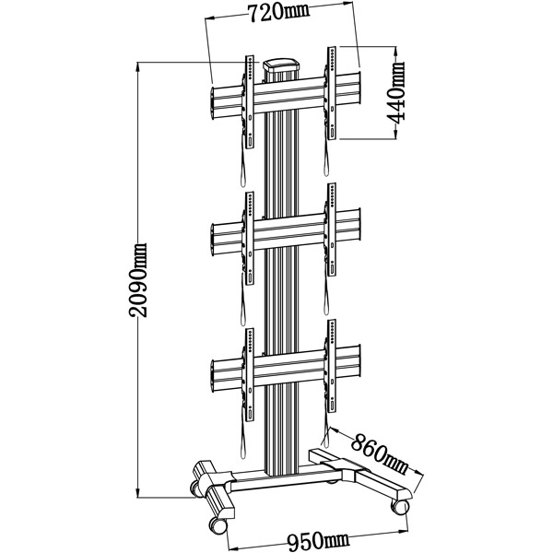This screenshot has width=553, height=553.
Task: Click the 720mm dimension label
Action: coord(279,12)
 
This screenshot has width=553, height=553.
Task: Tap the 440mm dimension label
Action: coord(396,93)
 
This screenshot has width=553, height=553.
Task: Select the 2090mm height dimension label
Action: coord(138,280)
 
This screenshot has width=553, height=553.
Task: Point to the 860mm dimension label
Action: coord(381,454)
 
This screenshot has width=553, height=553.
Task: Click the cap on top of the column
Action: coord(281,65)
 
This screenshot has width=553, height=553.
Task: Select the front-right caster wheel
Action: coord(400,507)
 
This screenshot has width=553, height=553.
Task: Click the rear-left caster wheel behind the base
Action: coord(195,488)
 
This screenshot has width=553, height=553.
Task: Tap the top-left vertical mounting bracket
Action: coord(249,102)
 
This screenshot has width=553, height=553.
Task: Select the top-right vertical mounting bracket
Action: coord(333,93)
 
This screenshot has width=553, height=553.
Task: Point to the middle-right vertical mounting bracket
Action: coord(332,229)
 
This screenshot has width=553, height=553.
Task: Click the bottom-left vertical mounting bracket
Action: coord(249,375)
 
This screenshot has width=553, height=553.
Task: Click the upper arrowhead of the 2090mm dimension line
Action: coord(138,67)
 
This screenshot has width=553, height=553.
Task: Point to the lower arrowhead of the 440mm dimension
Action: coord(396,133)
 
